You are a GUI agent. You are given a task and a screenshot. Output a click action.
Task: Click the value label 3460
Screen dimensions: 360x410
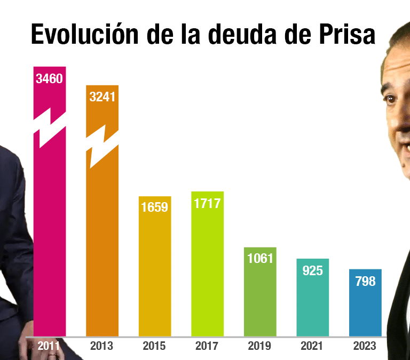click(50, 79)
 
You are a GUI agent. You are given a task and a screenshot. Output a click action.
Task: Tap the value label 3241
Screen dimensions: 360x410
click(102, 97)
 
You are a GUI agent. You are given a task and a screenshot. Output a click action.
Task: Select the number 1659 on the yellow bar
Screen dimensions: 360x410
click(154, 207)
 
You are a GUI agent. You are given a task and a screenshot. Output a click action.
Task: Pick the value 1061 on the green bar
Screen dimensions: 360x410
click(260, 259)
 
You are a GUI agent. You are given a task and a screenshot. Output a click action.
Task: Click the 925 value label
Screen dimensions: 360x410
click(312, 270)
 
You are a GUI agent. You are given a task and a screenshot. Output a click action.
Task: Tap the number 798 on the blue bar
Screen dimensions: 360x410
click(365, 281)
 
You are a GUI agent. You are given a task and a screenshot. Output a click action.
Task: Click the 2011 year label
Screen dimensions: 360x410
click(50, 346)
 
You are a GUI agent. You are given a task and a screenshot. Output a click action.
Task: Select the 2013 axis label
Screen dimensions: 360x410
click(102, 346)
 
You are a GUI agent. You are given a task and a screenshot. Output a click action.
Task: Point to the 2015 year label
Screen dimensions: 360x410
click(154, 346)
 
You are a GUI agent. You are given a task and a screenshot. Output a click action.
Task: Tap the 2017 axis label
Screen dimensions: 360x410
click(207, 346)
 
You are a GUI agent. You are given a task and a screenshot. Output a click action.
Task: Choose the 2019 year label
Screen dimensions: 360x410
click(260, 346)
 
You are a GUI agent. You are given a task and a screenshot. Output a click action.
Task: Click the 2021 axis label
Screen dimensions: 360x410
click(312, 346)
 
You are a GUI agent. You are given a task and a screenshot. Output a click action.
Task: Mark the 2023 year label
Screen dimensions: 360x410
click(365, 346)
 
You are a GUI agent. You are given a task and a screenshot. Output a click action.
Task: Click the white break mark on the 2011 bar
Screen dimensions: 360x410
click(50, 129)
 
